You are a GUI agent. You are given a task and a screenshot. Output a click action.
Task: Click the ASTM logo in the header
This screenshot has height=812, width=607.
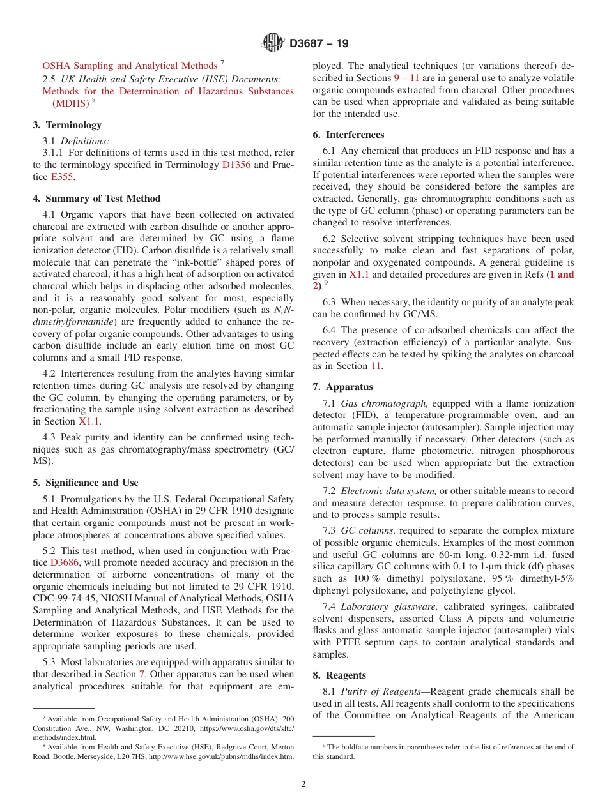click(273, 43)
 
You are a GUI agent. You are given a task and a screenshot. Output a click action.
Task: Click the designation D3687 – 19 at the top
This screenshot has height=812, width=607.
click(319, 44)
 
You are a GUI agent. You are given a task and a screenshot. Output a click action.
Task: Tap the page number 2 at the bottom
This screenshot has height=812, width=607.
click(303, 785)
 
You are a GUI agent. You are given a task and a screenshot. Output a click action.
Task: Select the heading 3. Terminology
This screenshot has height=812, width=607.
click(67, 125)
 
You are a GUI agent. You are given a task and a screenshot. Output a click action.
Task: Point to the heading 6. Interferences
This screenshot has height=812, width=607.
click(348, 135)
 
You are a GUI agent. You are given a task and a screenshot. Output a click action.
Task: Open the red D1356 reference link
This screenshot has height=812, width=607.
click(236, 165)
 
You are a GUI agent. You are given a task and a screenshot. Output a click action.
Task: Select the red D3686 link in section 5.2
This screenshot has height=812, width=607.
click(65, 563)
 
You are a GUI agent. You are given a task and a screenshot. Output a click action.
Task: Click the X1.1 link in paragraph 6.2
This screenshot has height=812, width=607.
click(359, 274)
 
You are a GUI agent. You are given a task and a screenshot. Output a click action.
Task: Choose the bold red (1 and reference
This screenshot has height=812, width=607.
click(554, 274)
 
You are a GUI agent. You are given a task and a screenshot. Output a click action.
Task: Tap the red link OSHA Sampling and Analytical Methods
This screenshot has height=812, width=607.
click(130, 66)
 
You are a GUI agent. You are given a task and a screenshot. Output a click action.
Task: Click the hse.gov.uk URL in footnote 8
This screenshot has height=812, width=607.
click(221, 757)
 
